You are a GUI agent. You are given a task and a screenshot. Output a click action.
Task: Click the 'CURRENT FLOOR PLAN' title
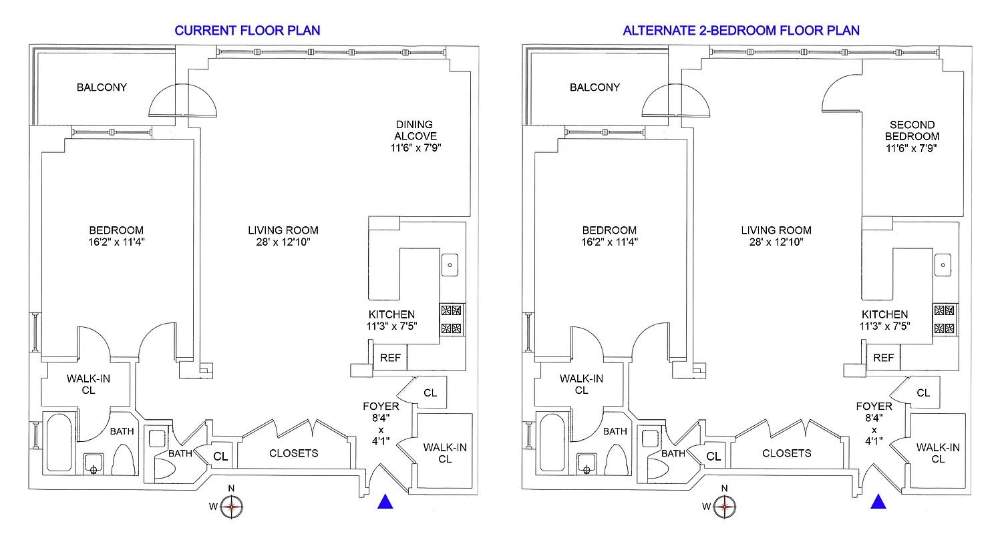(x=247, y=30)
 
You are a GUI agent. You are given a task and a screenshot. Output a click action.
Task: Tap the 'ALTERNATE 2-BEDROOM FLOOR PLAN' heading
(x=741, y=30)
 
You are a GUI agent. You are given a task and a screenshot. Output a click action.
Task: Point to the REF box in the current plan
(x=390, y=358)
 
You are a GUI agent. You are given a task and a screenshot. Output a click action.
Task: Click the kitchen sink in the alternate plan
(x=943, y=265)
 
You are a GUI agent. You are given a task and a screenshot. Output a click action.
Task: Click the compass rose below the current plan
(x=231, y=507)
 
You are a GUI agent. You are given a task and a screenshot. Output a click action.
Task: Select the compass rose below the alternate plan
(x=724, y=507)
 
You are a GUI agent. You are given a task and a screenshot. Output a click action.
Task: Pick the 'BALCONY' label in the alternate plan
(x=595, y=87)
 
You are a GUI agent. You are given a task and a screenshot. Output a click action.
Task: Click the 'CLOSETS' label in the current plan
(x=294, y=453)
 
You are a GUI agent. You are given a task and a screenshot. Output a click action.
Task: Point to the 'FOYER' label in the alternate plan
(x=874, y=406)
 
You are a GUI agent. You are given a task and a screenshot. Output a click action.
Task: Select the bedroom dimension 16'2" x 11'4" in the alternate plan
(x=608, y=242)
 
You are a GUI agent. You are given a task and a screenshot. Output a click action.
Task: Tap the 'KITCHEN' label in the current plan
(x=391, y=314)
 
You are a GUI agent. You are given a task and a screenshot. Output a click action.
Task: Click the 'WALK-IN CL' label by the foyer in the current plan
(x=445, y=453)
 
